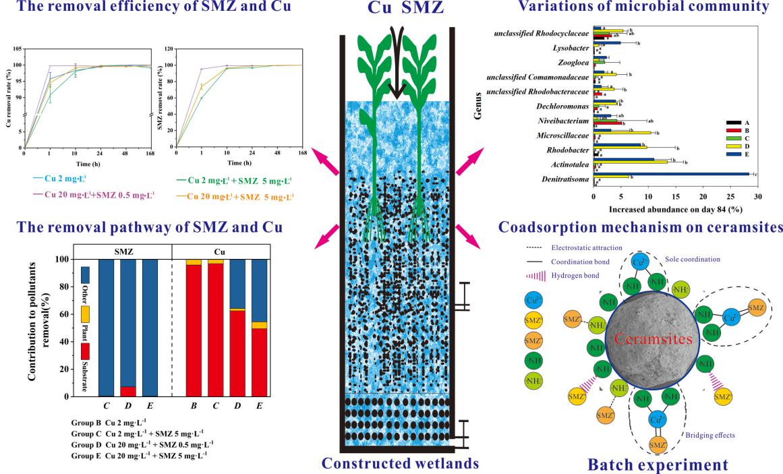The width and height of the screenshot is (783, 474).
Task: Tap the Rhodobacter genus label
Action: [x=567, y=150]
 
